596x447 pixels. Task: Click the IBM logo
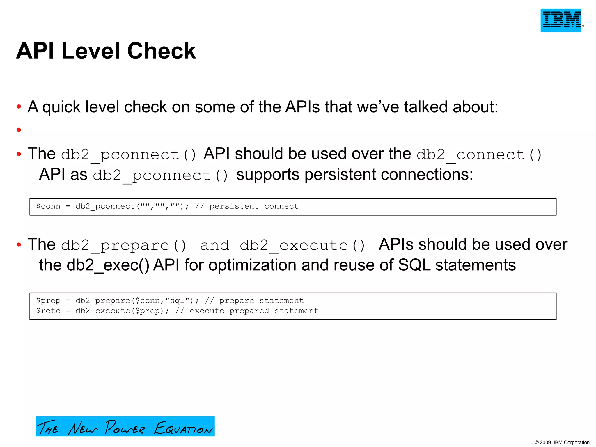pos(561,20)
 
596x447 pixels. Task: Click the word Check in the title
pos(162,51)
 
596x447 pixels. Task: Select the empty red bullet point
pos(19,130)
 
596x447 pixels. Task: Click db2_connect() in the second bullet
pos(479,155)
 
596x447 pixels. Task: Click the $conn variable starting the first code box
pos(48,206)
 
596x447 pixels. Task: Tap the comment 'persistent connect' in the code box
pos(254,206)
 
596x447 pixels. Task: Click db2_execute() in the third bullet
pos(302,245)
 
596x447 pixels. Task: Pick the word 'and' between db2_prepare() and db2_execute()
pos(215,245)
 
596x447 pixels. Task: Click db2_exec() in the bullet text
pos(108,265)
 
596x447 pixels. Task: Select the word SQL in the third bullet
pos(414,265)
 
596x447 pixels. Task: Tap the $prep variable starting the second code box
pos(48,301)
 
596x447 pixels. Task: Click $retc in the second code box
pos(48,311)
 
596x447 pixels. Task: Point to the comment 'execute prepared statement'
pos(254,311)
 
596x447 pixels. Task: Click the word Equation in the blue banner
pos(183,428)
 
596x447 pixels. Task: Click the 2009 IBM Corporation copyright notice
pos(562,442)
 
